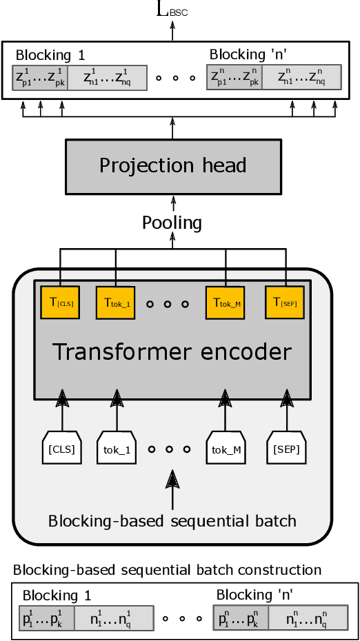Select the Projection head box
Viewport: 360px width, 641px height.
click(x=173, y=166)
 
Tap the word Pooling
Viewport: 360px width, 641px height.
click(x=172, y=223)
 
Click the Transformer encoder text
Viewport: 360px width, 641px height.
click(x=172, y=352)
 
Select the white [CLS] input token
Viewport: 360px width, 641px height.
click(x=62, y=449)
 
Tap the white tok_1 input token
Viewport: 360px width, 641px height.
click(x=117, y=449)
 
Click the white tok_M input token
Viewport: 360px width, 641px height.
click(x=226, y=449)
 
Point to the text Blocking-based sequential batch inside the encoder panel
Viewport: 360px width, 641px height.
click(x=172, y=520)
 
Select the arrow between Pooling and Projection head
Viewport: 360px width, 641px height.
click(x=172, y=203)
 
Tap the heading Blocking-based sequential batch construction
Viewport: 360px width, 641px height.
click(x=167, y=570)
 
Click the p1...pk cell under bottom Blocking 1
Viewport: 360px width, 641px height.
click(x=46, y=618)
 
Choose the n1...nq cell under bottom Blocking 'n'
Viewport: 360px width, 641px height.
click(x=305, y=618)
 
